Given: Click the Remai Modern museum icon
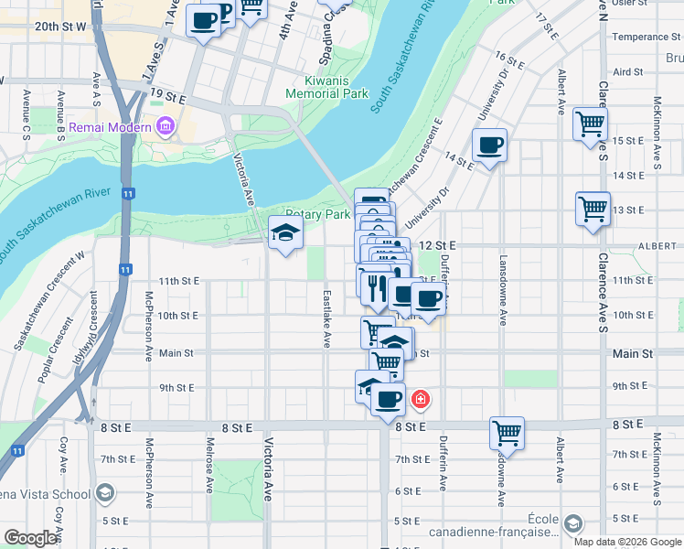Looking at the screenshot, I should [x=166, y=126].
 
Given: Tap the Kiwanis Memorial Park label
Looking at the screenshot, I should [x=326, y=87].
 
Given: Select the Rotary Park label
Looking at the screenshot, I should [x=318, y=214].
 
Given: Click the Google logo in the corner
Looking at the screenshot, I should [x=30, y=538].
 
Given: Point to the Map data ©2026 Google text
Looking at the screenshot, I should [x=627, y=542].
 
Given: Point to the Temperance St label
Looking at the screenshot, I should [x=640, y=38].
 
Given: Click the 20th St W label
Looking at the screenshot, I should [x=59, y=27].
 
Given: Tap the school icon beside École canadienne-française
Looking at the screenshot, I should [x=572, y=523].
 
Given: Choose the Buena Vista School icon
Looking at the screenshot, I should [x=105, y=494].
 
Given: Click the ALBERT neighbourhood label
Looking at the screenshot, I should [x=658, y=246].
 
